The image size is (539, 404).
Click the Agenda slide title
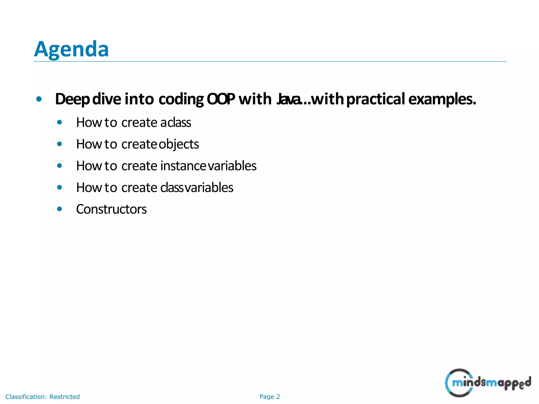point(71,49)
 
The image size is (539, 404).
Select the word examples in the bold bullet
point(442,99)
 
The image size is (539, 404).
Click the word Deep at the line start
point(72,99)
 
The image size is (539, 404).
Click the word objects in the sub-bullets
point(179,144)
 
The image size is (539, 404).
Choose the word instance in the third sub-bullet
point(183,166)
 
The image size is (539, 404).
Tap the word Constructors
point(111,209)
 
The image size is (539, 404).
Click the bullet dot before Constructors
point(59,209)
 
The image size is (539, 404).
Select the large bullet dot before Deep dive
point(39,99)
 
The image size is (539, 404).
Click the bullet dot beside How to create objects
point(59,144)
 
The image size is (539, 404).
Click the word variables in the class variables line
point(209,188)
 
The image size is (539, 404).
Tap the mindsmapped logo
point(487,383)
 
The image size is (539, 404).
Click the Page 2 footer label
point(269,397)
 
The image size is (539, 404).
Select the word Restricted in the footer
point(64,397)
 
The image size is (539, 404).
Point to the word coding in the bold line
point(181,99)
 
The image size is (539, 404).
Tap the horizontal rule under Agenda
point(270,62)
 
